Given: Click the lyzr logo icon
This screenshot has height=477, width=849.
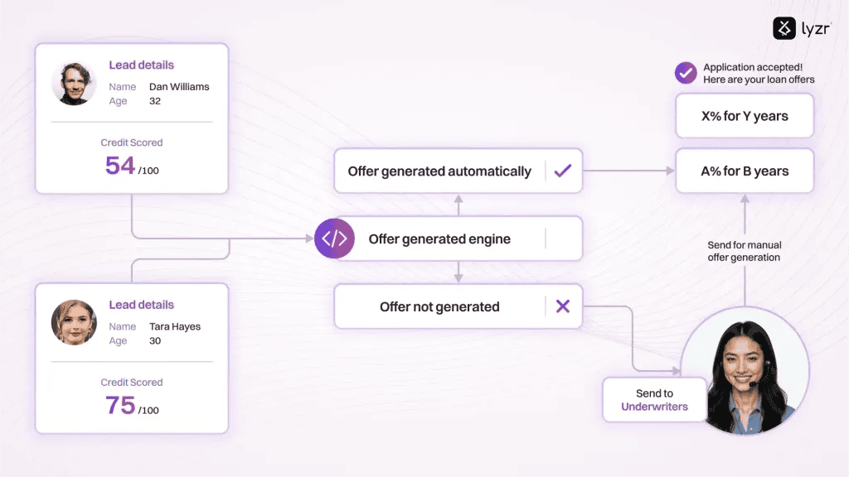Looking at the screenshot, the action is [784, 28].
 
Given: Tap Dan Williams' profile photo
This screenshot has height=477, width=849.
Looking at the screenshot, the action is [74, 83].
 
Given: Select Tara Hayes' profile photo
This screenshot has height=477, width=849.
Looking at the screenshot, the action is [74, 322].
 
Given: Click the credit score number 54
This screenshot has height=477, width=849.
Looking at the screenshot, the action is [119, 166].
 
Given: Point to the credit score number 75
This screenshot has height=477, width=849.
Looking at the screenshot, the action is [119, 405].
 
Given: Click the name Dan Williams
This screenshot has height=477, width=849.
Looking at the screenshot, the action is [179, 86].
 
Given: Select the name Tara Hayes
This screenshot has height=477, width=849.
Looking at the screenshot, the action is [175, 326].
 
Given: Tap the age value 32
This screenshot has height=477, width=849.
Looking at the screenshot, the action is [155, 101].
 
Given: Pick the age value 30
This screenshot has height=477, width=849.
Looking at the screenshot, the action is [155, 340].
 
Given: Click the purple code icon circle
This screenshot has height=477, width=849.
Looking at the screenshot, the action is [334, 238].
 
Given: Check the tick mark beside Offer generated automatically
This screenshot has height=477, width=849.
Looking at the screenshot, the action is [563, 171].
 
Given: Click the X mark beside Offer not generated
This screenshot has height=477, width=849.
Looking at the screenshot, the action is [563, 306].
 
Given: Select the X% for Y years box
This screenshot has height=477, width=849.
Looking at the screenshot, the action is [745, 116].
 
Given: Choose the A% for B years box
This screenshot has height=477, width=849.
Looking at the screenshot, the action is [745, 171].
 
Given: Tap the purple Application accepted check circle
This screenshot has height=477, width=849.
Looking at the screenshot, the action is [686, 73].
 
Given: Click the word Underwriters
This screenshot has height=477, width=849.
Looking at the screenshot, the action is [654, 407].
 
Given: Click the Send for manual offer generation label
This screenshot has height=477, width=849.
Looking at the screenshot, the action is [745, 252].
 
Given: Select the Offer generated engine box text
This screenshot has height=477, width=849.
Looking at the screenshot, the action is [439, 239].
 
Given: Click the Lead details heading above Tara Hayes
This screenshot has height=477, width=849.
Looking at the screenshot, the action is [141, 305].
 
